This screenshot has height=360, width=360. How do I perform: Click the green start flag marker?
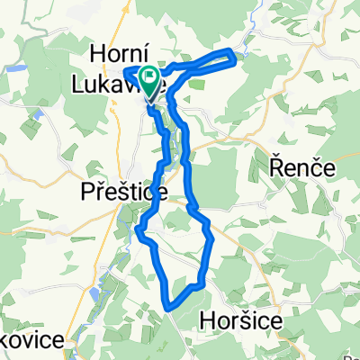[150, 80]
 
